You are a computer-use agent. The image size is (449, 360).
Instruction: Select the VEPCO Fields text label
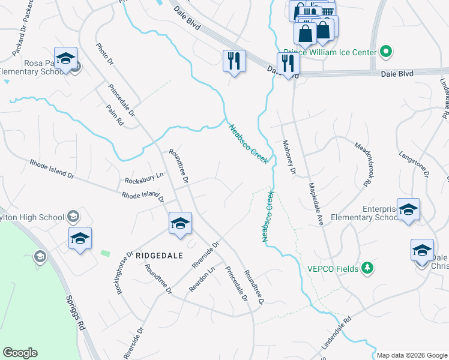(334, 268)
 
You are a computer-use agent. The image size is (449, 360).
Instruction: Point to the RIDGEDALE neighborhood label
(159, 255)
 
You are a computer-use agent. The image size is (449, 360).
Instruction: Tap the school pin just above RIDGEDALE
(179, 224)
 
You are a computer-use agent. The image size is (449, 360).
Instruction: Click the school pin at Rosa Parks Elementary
(66, 59)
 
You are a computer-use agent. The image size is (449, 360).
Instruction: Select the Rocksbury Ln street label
(144, 179)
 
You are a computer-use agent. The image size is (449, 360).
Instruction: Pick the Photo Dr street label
(104, 55)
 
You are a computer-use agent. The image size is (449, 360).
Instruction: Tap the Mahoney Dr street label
(289, 157)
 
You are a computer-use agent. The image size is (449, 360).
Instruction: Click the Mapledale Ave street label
(316, 203)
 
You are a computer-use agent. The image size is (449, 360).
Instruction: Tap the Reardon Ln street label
(202, 280)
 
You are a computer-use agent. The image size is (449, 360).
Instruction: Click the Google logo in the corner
(20, 353)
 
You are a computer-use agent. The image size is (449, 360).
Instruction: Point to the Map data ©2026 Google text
(412, 355)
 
